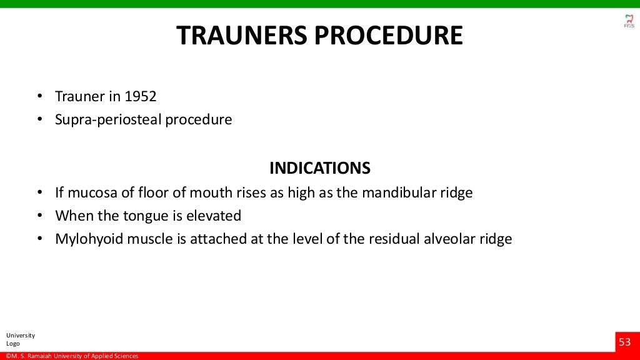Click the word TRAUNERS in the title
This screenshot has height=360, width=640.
pos(241,36)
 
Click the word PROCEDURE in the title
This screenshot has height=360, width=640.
pos(388,36)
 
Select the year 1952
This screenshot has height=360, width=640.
pos(141,97)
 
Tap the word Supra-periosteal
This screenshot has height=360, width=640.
pos(108,119)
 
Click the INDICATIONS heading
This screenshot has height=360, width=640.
pos(319,168)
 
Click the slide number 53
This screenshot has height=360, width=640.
pos(625,342)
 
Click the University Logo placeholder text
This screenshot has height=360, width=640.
pos(20,339)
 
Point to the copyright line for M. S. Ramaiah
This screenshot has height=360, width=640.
pos(72,356)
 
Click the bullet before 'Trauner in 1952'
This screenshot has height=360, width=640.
pos(39,97)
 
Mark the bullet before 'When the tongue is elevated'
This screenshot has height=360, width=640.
pos(39,216)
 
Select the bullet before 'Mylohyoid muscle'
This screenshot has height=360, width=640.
pos(39,239)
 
